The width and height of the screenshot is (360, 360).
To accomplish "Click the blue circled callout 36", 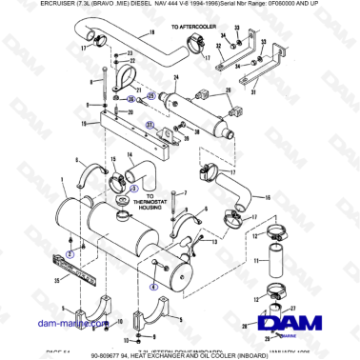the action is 130,98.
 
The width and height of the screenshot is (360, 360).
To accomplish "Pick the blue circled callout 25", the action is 150,97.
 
